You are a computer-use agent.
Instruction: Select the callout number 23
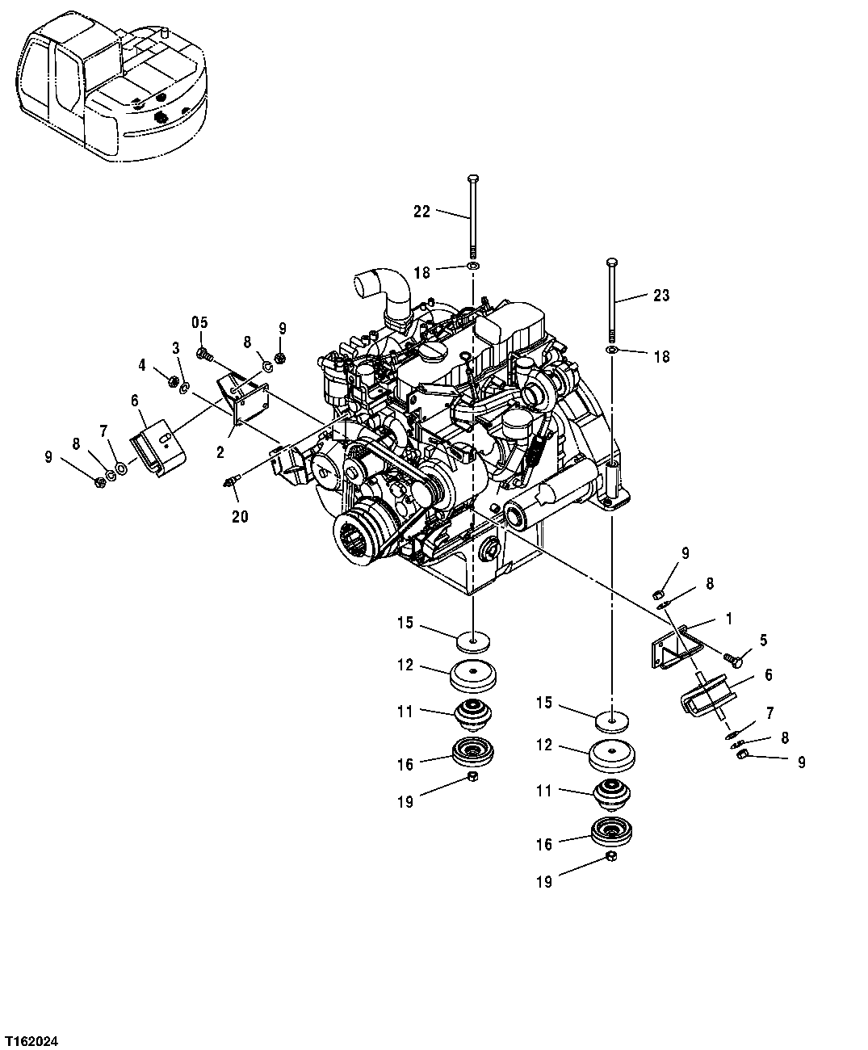click(x=661, y=296)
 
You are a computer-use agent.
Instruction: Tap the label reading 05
click(x=199, y=322)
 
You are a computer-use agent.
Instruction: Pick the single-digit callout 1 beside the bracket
click(x=728, y=619)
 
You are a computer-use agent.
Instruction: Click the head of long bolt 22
click(x=472, y=178)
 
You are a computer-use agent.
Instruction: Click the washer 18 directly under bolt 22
click(x=472, y=267)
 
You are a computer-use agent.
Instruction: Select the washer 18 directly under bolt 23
click(x=613, y=350)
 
